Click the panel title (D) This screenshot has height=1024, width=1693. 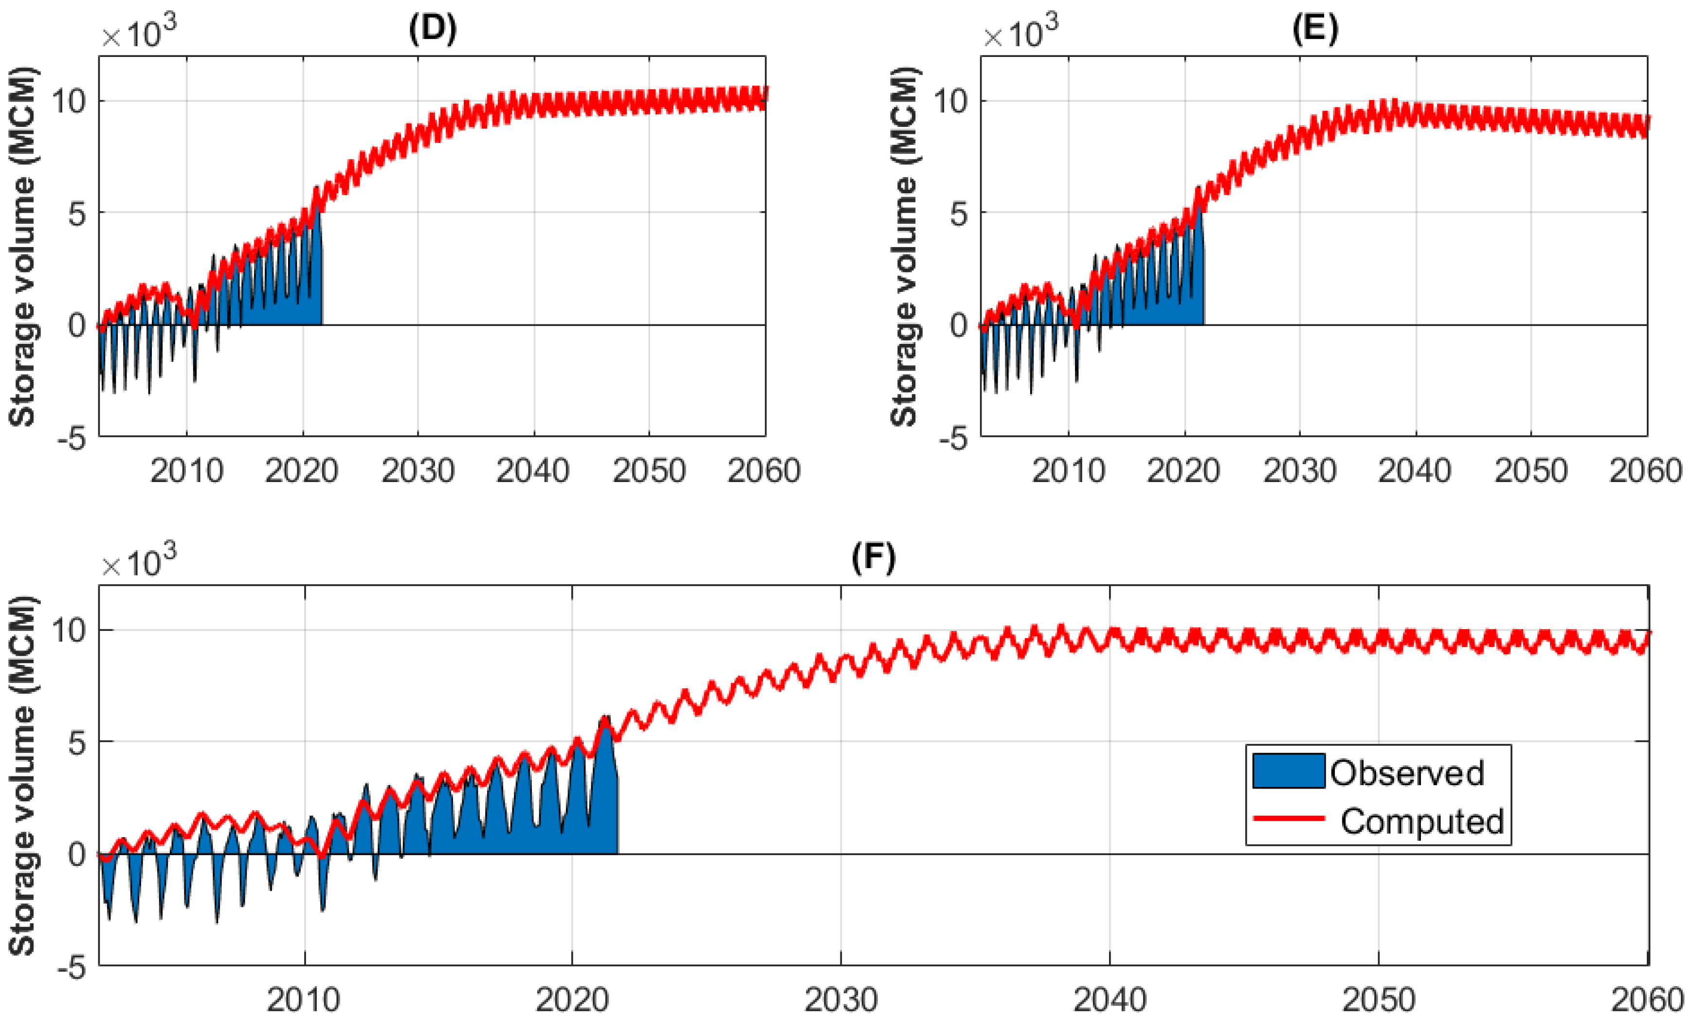click(432, 30)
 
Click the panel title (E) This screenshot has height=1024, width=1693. click(1314, 30)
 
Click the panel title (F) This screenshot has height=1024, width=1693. click(874, 557)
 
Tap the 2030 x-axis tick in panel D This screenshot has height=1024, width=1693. click(418, 471)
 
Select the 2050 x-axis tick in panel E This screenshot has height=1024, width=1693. click(1531, 471)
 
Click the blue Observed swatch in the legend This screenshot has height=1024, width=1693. click(1288, 771)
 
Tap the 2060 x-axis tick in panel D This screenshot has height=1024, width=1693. click(764, 471)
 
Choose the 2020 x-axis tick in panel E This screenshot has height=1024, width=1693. click(1183, 471)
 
